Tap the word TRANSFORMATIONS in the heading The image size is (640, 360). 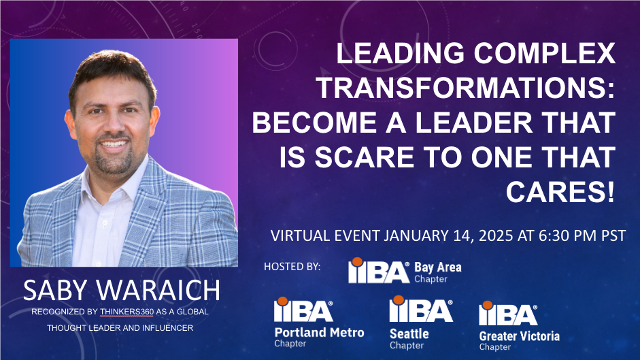466,88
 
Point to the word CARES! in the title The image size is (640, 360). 560,192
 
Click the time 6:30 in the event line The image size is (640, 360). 554,235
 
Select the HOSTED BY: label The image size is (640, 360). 292,267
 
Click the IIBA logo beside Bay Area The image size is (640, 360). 379,271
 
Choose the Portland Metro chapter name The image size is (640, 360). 319,332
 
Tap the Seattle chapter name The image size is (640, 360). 409,334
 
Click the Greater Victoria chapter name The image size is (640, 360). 519,336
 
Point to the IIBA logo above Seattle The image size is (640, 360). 421,310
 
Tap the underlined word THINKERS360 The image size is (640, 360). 127,312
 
